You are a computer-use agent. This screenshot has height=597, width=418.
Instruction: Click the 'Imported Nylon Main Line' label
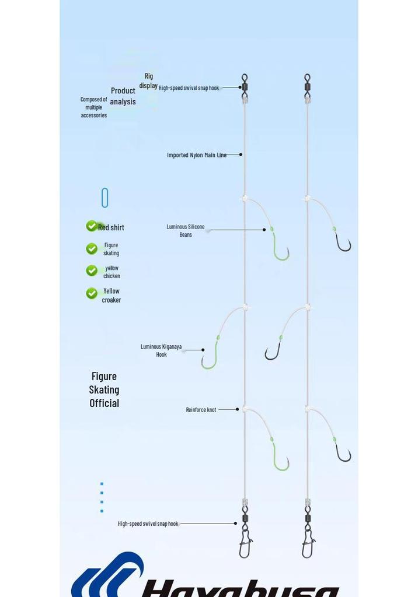tap(197, 155)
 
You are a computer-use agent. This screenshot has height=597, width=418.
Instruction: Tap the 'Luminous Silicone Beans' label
tap(186, 231)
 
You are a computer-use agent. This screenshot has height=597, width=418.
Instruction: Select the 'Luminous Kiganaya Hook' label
tap(161, 350)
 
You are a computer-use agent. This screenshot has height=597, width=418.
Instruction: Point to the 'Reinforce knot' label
tap(201, 410)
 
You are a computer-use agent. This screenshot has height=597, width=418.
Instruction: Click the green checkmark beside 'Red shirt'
tap(92, 226)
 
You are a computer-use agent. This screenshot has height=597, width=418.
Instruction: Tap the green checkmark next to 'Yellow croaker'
tap(92, 293)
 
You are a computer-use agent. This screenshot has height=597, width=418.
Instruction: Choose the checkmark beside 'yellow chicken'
tap(92, 271)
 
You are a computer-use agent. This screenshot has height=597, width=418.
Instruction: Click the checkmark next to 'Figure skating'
tap(92, 248)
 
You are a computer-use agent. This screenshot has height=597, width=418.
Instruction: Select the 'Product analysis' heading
tap(123, 96)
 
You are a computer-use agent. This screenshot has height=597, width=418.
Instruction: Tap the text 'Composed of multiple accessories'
tap(94, 107)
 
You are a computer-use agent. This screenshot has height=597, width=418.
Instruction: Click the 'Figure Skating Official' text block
tap(104, 390)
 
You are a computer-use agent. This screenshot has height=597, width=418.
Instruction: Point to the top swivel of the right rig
tap(308, 86)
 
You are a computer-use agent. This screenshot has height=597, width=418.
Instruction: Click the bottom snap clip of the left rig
tap(245, 545)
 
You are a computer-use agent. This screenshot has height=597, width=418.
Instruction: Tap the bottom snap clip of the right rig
tap(308, 545)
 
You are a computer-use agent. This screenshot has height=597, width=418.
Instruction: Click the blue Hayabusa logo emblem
tap(107, 575)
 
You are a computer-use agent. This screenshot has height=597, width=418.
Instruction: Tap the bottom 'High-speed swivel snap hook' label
tap(148, 524)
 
